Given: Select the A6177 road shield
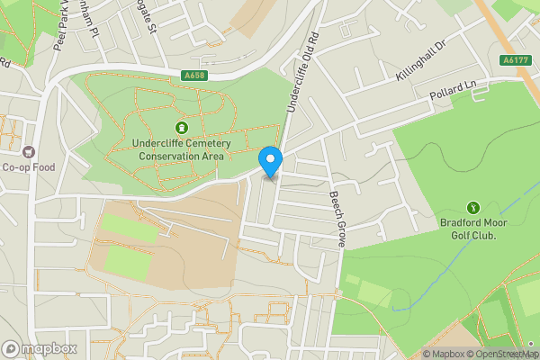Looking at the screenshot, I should click(514, 60).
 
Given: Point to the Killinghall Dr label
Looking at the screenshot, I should click(421, 61).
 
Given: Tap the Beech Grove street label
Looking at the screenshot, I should click(337, 220).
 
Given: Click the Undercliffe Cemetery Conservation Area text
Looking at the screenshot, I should click(181, 149).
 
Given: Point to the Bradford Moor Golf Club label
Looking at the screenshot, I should click(473, 229).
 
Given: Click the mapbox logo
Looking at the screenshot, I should click(39, 348).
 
